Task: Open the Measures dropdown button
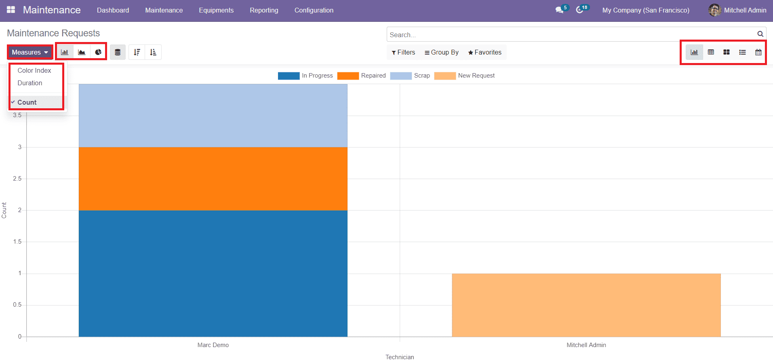pos(30,52)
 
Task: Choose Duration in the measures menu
pos(30,83)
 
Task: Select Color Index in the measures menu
pos(34,70)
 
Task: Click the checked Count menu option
pos(27,102)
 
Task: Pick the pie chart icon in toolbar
pos(98,52)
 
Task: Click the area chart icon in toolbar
pos(82,52)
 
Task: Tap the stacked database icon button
pos(118,52)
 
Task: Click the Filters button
pos(403,52)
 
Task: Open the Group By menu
pos(441,52)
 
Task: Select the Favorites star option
pos(484,52)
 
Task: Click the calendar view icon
pos(758,52)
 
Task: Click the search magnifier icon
pos(760,34)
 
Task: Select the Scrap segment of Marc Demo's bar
pos(213,116)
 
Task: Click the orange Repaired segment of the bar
pos(213,179)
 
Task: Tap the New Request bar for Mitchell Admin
pos(586,305)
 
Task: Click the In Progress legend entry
pos(306,76)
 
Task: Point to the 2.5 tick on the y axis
pos(17,179)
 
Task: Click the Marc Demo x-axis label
pos(213,345)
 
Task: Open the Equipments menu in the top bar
pos(216,10)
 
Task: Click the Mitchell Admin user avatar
pos(714,10)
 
